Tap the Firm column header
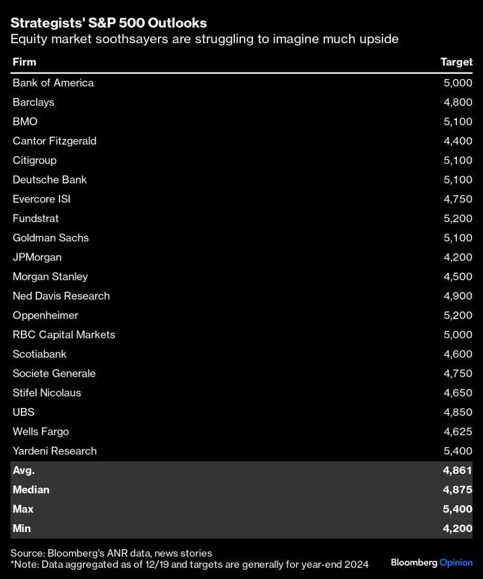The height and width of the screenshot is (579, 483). pyautogui.click(x=24, y=62)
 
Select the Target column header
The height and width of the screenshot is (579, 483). pyautogui.click(x=456, y=62)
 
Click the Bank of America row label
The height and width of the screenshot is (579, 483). pyautogui.click(x=53, y=83)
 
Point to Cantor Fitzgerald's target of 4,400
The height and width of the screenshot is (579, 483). pyautogui.click(x=458, y=141)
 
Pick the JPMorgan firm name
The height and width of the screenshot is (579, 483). pyautogui.click(x=37, y=257)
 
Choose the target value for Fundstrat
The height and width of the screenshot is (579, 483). pyautogui.click(x=458, y=219)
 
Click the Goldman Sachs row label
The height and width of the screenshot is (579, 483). pyautogui.click(x=50, y=238)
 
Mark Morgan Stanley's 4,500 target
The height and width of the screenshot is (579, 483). pyautogui.click(x=458, y=277)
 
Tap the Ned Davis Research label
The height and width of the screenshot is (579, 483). pyautogui.click(x=61, y=296)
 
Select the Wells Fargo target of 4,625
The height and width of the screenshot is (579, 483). pyautogui.click(x=458, y=431)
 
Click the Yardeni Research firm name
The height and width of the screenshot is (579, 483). pyautogui.click(x=54, y=451)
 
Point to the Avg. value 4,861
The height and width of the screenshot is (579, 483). pyautogui.click(x=458, y=470)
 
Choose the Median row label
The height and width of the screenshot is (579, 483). pyautogui.click(x=31, y=490)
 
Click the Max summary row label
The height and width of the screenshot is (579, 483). pyautogui.click(x=23, y=509)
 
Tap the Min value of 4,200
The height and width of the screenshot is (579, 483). pyautogui.click(x=458, y=528)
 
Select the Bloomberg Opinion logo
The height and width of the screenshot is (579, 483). pyautogui.click(x=431, y=562)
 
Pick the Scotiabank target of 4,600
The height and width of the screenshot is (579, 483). pyautogui.click(x=458, y=354)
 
